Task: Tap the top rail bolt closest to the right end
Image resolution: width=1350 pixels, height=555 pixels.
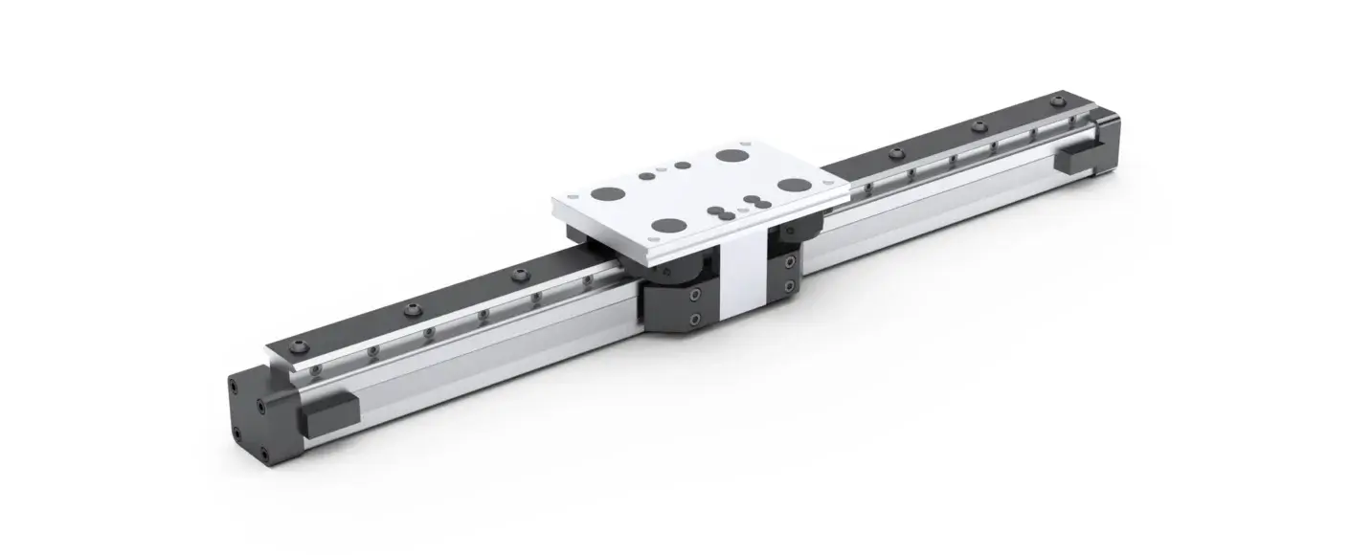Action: point(1057,100)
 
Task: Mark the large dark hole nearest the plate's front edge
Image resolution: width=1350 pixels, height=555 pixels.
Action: point(667,227)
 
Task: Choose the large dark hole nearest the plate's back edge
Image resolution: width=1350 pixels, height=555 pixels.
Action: point(731,156)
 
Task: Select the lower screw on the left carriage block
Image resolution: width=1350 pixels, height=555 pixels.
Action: point(696,319)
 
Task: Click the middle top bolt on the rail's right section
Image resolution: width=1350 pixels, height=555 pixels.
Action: point(978,125)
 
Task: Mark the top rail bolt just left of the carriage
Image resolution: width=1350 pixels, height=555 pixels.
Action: point(520,275)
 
